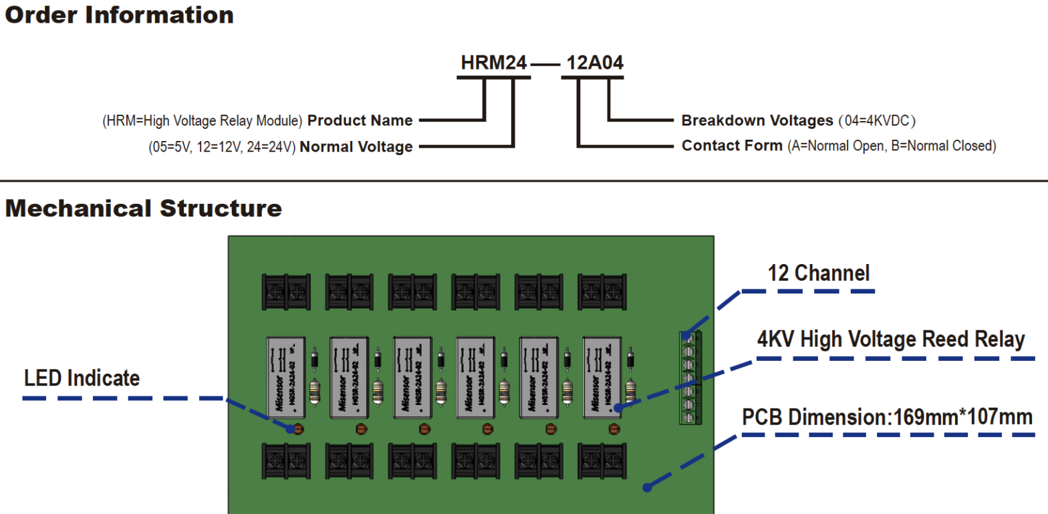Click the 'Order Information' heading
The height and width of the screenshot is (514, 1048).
click(x=120, y=15)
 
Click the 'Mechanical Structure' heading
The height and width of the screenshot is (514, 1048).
click(x=143, y=208)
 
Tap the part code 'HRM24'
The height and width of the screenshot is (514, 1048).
click(x=494, y=63)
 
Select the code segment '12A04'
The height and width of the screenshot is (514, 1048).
click(x=595, y=63)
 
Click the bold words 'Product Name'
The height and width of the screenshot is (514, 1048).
click(x=360, y=121)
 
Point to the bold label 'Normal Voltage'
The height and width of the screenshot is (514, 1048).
click(x=356, y=147)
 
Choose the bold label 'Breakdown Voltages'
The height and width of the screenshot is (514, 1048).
click(x=757, y=121)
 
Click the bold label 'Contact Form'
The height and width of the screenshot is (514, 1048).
click(x=732, y=146)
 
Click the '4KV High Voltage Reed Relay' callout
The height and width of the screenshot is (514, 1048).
click(x=890, y=340)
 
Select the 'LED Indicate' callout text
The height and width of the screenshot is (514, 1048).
click(x=82, y=378)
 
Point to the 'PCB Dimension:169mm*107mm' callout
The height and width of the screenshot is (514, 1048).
click(x=888, y=417)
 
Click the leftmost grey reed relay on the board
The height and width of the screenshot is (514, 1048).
click(x=286, y=378)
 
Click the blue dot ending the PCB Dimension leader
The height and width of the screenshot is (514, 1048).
click(x=646, y=488)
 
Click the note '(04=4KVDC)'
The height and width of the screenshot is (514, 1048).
click(x=877, y=121)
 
